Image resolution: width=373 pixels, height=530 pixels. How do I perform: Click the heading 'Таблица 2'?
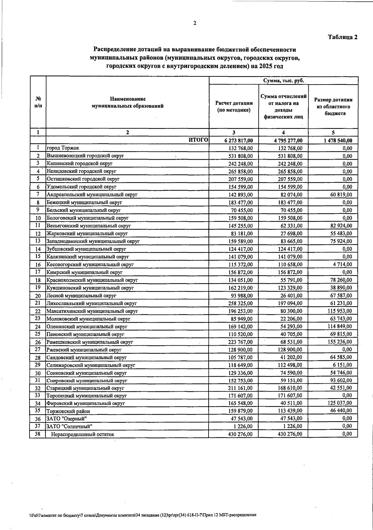[x=343, y=37]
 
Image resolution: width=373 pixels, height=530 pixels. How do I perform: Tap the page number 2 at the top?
[x=195, y=23]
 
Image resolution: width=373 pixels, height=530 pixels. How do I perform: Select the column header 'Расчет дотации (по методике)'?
[x=234, y=107]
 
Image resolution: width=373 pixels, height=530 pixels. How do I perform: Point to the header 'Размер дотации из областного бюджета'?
[x=333, y=107]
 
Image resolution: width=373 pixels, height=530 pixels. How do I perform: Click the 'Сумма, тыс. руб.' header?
[x=283, y=81]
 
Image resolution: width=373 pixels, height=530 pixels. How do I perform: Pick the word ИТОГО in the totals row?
[x=198, y=140]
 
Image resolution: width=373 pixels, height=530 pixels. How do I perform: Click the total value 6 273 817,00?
[x=238, y=141]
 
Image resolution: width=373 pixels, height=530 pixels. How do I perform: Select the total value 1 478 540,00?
[x=338, y=141]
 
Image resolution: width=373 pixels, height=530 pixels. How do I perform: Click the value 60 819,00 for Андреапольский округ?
[x=341, y=195]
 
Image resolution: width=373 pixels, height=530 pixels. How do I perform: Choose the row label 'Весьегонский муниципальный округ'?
[x=89, y=226]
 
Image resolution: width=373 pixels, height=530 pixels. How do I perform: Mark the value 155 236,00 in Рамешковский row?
[x=339, y=342]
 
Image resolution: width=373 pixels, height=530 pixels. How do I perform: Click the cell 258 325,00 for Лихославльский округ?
[x=240, y=303]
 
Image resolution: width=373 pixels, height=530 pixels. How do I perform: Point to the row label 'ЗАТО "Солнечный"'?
[x=69, y=426]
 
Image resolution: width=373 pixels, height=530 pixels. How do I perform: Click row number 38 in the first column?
[x=38, y=434]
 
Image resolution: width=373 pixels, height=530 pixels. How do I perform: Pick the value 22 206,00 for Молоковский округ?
[x=291, y=319]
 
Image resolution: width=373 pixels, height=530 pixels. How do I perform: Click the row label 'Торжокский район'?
[x=68, y=411]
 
